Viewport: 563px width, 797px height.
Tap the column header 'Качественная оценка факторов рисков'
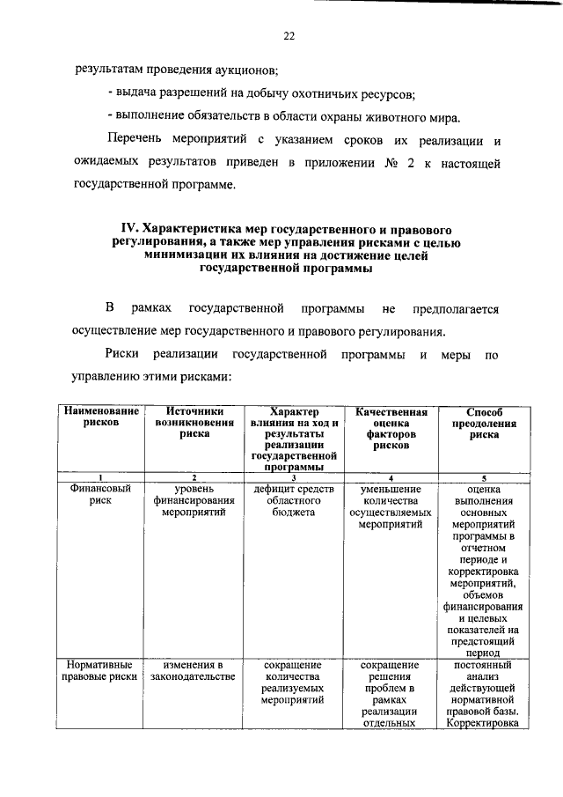coord(391,428)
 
